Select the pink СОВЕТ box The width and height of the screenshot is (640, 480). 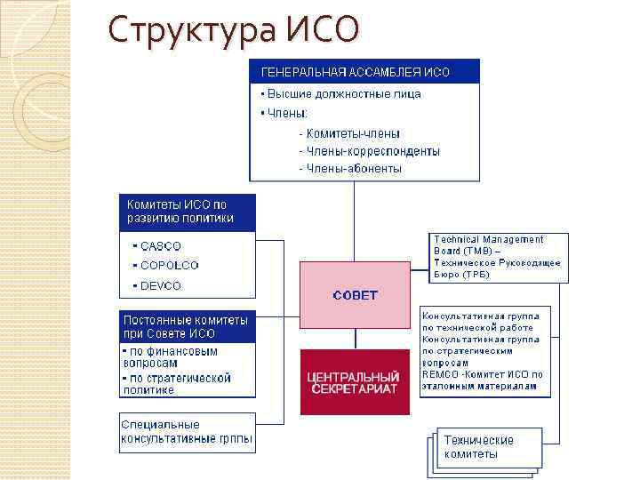355,295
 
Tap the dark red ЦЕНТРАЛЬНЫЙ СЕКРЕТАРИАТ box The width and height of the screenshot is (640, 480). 355,382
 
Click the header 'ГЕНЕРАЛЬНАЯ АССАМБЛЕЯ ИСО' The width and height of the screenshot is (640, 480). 356,72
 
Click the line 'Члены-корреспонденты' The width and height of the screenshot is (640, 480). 369,151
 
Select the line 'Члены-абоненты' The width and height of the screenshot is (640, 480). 350,168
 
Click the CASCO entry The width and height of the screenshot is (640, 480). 160,246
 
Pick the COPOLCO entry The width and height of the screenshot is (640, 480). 169,266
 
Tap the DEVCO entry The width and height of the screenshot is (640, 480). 160,286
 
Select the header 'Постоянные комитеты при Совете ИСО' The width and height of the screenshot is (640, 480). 187,326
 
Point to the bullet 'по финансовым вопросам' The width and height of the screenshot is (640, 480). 172,357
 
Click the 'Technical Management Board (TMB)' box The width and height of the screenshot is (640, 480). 497,257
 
